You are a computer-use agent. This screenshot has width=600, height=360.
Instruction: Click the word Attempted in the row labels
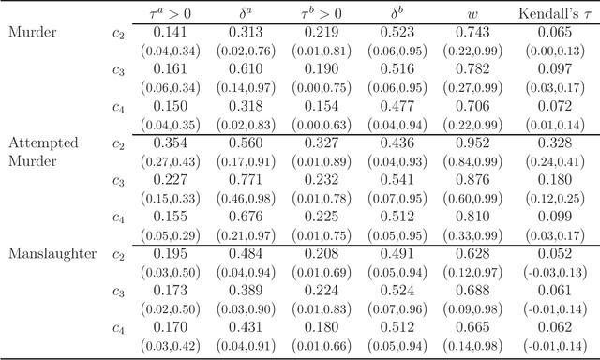42,142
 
